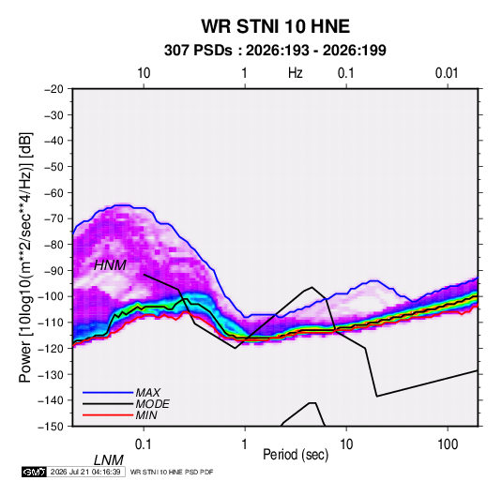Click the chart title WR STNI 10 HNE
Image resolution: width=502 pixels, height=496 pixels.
tap(275, 26)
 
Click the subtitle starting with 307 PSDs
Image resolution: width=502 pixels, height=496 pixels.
tap(275, 51)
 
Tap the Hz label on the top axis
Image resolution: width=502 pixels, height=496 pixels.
tap(296, 73)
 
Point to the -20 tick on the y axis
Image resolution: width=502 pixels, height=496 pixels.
tap(53, 89)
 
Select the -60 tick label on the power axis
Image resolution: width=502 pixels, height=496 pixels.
tap(53, 192)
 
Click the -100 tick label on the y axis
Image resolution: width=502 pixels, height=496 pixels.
tap(51, 296)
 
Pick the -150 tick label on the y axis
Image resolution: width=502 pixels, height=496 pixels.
tap(51, 427)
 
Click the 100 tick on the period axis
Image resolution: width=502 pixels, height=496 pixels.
tap(448, 444)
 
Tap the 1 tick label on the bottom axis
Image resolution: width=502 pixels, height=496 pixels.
tap(244, 444)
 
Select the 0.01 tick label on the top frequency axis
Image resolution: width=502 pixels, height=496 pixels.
tap(447, 73)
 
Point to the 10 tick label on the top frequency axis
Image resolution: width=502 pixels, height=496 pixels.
tap(144, 73)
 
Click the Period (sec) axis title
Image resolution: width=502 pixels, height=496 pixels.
tap(296, 455)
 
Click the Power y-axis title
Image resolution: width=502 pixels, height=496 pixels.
tap(25, 257)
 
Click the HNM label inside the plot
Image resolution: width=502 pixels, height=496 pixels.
tap(110, 265)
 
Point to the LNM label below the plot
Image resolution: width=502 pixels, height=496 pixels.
tap(109, 460)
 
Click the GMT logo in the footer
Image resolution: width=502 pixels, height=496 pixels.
tap(35, 472)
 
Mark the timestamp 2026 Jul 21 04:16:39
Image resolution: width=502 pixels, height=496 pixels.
tap(85, 472)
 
